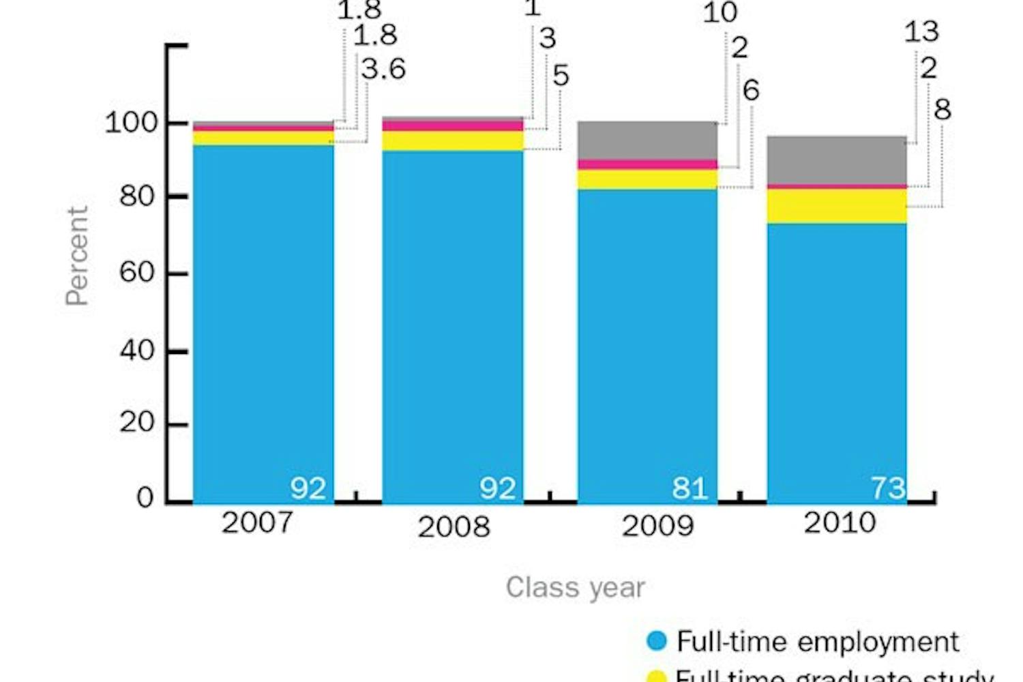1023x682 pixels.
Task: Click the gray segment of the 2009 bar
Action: pyautogui.click(x=647, y=140)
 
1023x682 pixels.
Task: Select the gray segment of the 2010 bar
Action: pyautogui.click(x=837, y=160)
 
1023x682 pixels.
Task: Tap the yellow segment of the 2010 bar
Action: pyautogui.click(x=837, y=206)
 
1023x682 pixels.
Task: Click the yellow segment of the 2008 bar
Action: pyautogui.click(x=452, y=140)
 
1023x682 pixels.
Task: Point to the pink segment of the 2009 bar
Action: pyautogui.click(x=647, y=164)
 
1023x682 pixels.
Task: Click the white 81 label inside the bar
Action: pyautogui.click(x=690, y=488)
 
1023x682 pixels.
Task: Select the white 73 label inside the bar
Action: pyautogui.click(x=887, y=488)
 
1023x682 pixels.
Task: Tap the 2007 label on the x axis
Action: pyautogui.click(x=258, y=523)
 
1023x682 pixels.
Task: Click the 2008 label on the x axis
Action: pyautogui.click(x=454, y=527)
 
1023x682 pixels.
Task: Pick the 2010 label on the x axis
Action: pyautogui.click(x=840, y=523)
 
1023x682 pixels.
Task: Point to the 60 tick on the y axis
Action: pyautogui.click(x=136, y=272)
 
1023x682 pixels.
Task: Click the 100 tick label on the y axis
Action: pyautogui.click(x=131, y=123)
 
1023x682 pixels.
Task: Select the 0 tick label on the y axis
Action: pyautogui.click(x=145, y=498)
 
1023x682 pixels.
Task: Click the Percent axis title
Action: pyautogui.click(x=77, y=256)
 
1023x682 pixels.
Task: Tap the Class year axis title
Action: pyautogui.click(x=575, y=588)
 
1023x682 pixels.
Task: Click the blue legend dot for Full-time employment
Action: pyautogui.click(x=656, y=641)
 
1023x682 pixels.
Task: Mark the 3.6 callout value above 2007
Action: pyautogui.click(x=383, y=70)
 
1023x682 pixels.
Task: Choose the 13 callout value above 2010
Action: pyautogui.click(x=921, y=32)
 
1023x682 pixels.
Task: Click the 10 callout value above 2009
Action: pyautogui.click(x=720, y=12)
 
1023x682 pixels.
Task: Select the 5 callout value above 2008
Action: pyautogui.click(x=561, y=76)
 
